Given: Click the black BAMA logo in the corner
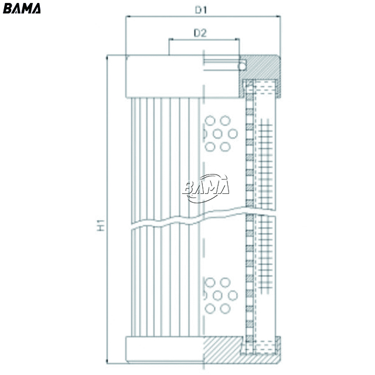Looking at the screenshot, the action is pyautogui.click(x=22, y=8).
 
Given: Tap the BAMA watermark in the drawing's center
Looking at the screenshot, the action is pyautogui.click(x=206, y=188).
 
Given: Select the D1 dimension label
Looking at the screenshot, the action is pyautogui.click(x=200, y=10).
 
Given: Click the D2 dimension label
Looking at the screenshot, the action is pyautogui.click(x=200, y=33).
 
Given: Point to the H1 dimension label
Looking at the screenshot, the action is pyautogui.click(x=101, y=225).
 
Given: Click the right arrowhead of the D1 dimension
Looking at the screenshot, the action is pyautogui.click(x=278, y=16).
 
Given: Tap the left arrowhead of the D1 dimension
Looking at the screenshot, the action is pyautogui.click(x=128, y=16).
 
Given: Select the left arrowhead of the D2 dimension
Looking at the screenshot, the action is pyautogui.click(x=171, y=39).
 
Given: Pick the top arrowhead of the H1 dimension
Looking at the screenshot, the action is pyautogui.click(x=107, y=57).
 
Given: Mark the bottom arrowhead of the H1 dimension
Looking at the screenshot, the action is pyautogui.click(x=107, y=361).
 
